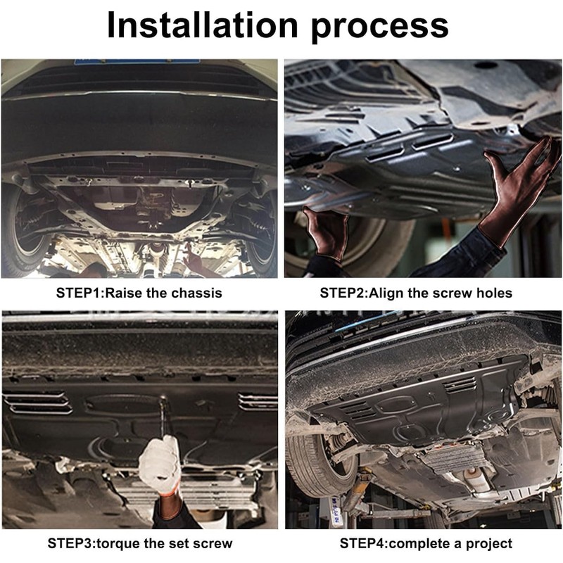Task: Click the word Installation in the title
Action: coord(203,25)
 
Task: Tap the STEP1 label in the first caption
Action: coord(80,293)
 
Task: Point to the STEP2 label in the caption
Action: coord(343,293)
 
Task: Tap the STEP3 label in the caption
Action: coord(71,543)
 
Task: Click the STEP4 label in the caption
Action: coord(363,543)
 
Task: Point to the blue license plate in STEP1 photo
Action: coord(137,62)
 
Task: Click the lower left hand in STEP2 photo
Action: coord(326,232)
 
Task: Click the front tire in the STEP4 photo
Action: coord(316,463)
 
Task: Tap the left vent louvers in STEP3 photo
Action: coord(38,403)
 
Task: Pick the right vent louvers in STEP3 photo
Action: coord(258,401)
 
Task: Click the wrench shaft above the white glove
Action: coord(164,417)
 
